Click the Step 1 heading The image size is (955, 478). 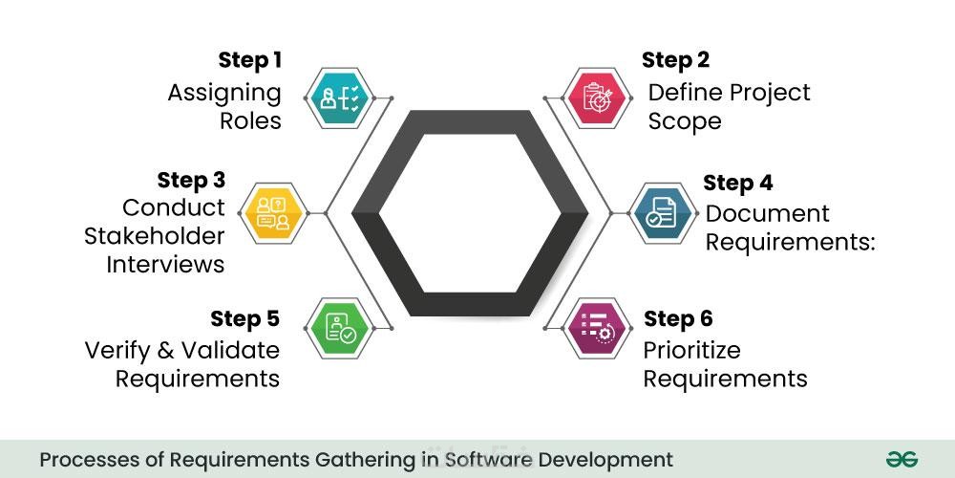[249, 61]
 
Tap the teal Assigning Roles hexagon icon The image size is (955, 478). [342, 98]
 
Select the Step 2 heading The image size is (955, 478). [675, 61]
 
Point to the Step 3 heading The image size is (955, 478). [191, 181]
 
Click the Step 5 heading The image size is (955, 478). [245, 318]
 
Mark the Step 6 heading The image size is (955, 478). [678, 318]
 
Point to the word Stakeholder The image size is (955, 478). [155, 235]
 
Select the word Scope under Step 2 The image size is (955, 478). [685, 121]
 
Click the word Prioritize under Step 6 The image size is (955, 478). [691, 349]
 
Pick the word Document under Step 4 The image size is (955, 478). [753, 213]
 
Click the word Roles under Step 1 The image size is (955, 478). [250, 121]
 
